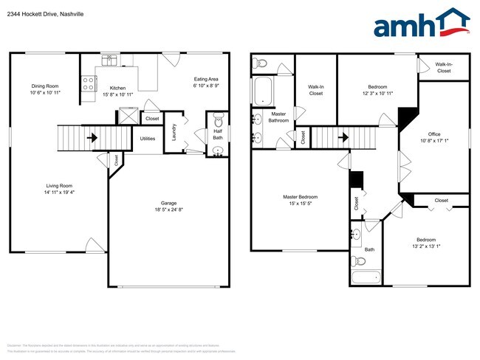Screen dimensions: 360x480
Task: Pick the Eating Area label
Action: point(206,79)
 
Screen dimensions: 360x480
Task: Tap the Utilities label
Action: point(147,138)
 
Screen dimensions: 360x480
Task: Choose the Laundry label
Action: point(173,133)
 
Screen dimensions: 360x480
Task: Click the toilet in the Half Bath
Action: point(218,120)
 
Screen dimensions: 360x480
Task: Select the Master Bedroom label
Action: point(301,197)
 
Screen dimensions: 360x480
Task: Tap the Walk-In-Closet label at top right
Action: point(443,67)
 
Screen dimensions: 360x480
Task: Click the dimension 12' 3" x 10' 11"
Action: point(377,94)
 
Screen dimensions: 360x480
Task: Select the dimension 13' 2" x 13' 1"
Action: point(425,247)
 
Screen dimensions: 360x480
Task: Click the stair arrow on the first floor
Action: point(93,136)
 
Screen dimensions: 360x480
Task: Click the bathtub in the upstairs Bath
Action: point(366,278)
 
